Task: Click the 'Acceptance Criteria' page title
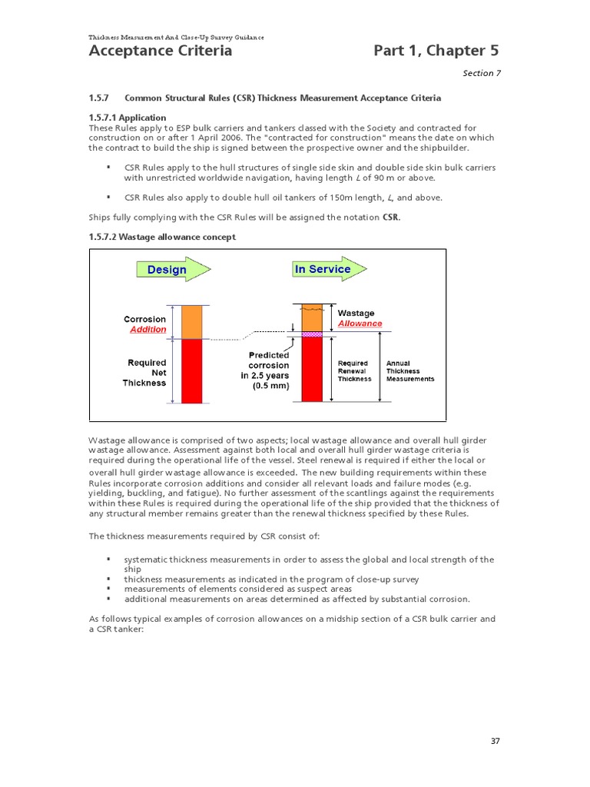161,51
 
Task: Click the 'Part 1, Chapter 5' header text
436,51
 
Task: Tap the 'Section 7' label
480,74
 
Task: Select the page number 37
495,741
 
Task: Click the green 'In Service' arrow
328,269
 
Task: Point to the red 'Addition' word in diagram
147,330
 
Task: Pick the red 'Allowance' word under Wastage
360,324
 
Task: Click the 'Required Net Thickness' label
146,373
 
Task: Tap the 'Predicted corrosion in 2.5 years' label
267,370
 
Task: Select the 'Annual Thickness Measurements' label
409,371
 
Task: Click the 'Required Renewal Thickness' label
354,371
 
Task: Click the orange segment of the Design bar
192,322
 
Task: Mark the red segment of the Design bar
192,370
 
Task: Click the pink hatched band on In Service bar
311,334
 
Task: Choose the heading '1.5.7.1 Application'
128,118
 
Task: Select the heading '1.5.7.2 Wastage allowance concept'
162,237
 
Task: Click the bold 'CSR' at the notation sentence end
391,218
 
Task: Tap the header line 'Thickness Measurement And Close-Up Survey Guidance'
177,37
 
